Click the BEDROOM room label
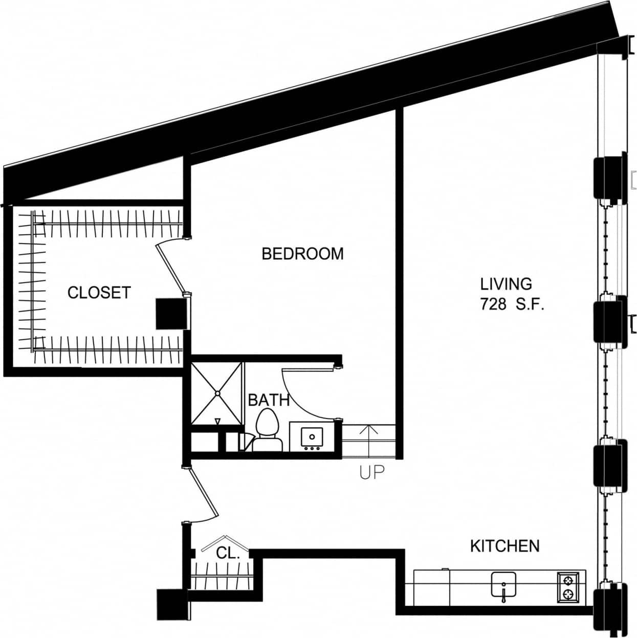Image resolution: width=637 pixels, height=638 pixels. point(302,254)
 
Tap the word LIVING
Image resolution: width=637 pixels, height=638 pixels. point(506,284)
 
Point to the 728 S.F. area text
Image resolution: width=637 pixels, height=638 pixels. point(511,304)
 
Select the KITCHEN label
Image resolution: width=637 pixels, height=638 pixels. point(504,546)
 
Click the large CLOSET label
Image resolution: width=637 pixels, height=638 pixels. point(99,293)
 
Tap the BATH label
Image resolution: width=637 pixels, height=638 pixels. point(269,400)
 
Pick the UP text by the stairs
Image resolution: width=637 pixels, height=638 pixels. point(371,472)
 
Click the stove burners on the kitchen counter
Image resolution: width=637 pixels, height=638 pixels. point(567,586)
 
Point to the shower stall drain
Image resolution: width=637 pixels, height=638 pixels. point(217,393)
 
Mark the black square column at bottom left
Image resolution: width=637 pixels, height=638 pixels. point(172,604)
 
